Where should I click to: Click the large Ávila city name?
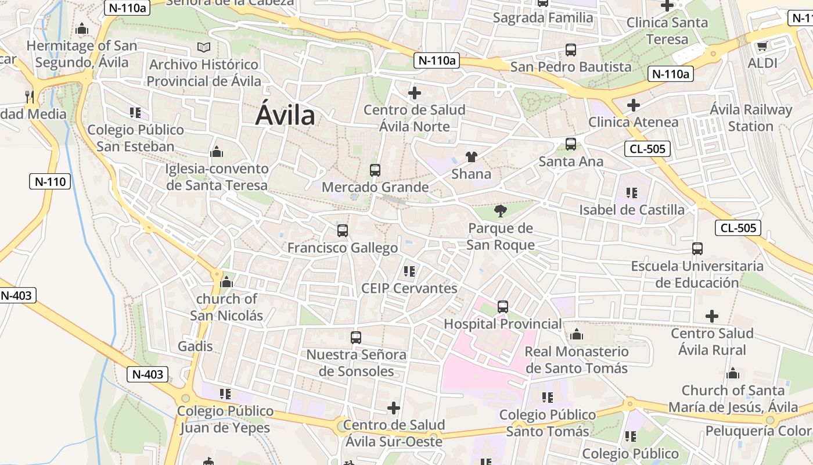click(286, 115)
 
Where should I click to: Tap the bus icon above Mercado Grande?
click(375, 170)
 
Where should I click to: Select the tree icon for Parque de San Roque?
click(500, 210)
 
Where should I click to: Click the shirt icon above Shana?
click(471, 157)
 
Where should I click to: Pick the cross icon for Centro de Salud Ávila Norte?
click(415, 93)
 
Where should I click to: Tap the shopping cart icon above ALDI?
click(762, 46)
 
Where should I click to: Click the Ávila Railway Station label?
click(751, 118)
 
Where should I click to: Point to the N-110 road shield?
click(51, 181)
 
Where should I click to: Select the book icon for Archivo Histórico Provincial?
click(203, 47)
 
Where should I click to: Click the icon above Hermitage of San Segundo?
click(82, 28)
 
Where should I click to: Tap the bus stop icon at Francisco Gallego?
click(343, 231)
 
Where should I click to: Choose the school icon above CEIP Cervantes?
click(409, 271)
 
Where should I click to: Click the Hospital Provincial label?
click(503, 324)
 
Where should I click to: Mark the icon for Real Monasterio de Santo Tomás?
click(577, 334)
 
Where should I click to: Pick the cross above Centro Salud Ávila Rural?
click(712, 316)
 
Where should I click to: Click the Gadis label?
click(195, 346)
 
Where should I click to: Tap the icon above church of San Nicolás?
click(226, 282)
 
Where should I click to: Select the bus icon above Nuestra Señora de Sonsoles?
click(356, 337)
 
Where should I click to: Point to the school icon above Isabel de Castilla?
click(632, 192)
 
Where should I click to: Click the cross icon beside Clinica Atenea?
click(634, 105)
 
